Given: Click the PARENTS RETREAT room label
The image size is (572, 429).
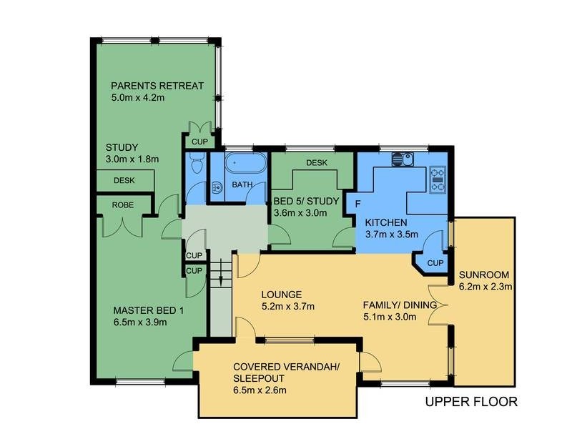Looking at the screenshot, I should pos(157,86).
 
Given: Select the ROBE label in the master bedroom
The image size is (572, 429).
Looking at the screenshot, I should pos(124,204).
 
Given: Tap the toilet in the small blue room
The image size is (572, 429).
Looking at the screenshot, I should pos(215,187).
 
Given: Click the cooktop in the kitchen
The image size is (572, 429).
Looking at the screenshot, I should pos(438,179).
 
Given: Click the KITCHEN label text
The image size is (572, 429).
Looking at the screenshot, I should pos(385,222).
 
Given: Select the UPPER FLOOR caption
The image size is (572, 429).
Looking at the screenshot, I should pos(471,401).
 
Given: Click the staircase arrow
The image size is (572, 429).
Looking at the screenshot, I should pos(222,273).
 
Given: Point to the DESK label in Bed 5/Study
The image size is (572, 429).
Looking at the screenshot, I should pos(316,163).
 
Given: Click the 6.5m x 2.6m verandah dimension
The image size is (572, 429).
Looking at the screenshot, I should pos(260,390).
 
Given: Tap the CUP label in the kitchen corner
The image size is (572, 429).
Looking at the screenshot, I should pos(435,262).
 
